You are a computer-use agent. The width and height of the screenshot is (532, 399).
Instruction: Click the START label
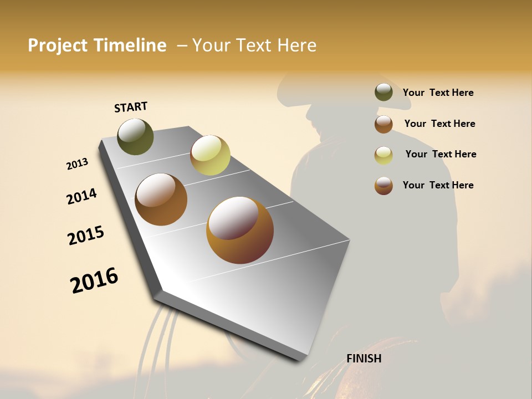coord(131,106)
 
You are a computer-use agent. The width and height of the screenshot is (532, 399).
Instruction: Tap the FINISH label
coord(364,359)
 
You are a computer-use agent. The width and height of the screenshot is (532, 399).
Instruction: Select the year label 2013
coord(77,164)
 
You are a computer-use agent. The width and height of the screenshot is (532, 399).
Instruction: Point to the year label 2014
coord(81,196)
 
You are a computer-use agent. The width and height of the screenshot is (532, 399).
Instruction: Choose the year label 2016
coord(94,280)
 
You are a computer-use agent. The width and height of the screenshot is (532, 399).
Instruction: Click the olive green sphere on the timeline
coord(135,136)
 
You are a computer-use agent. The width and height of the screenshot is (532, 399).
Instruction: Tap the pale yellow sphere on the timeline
coord(210,155)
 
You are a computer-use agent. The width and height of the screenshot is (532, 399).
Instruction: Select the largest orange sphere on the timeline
coord(239,230)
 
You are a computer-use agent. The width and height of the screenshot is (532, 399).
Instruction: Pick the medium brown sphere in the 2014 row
coord(161,199)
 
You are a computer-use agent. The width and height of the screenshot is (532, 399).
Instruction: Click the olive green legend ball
coord(383,93)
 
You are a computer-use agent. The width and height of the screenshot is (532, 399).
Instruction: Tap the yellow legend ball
coord(383,155)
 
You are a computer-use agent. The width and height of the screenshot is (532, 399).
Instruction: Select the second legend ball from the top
coord(383,124)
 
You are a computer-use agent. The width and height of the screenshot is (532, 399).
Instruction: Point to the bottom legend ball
coord(383,186)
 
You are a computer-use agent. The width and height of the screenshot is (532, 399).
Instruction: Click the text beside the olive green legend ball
coord(438,93)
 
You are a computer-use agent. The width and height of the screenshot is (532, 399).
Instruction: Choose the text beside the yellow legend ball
coord(441,154)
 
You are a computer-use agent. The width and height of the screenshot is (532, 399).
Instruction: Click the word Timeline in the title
coord(130,45)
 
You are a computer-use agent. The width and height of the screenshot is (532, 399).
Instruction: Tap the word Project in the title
coord(58,45)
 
